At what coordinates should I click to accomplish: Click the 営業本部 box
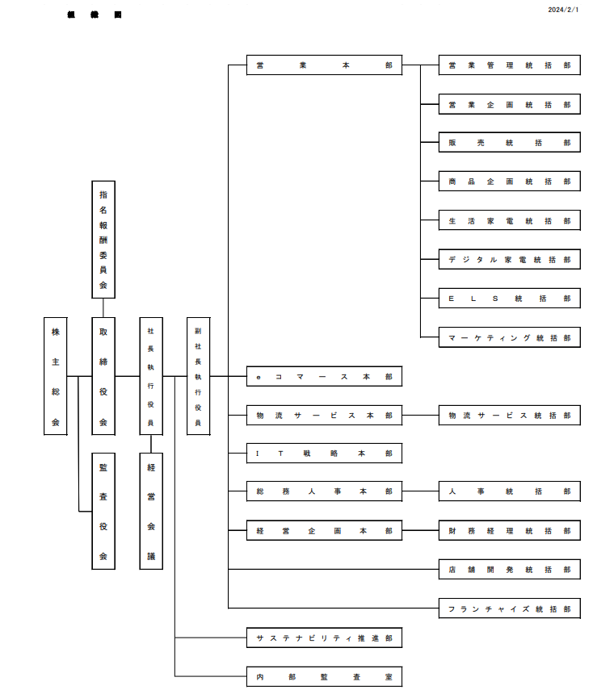click(324, 65)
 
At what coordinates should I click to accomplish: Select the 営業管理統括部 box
click(509, 65)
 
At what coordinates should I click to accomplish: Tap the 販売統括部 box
click(509, 143)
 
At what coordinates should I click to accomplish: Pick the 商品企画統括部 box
click(509, 182)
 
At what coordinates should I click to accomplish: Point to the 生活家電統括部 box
click(509, 220)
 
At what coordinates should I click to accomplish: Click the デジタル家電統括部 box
click(509, 259)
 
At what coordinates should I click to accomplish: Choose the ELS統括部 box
click(509, 298)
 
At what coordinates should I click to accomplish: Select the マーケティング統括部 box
click(509, 337)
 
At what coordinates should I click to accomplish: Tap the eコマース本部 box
click(324, 376)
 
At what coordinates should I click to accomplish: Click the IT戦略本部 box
click(324, 454)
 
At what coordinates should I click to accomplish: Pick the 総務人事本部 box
click(324, 491)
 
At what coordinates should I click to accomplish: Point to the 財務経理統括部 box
click(509, 530)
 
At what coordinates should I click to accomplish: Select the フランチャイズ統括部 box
click(509, 608)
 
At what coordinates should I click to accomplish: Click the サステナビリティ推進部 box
click(324, 638)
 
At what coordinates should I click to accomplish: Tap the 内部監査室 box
click(324, 676)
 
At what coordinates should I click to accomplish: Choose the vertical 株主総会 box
click(56, 376)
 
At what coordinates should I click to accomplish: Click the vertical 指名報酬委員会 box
click(103, 240)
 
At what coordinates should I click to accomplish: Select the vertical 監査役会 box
click(103, 512)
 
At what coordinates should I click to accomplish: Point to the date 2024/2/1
click(563, 10)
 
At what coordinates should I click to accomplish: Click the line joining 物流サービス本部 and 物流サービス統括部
click(420, 416)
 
